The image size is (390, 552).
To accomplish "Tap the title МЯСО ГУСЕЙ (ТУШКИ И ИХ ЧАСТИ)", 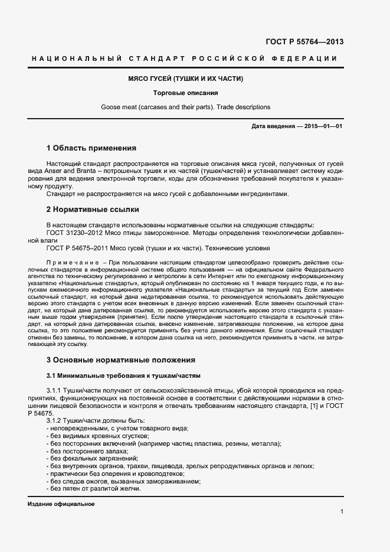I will point(186,79).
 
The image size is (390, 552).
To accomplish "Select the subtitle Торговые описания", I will point(186,93).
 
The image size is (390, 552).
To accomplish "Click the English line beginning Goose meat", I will point(186,107).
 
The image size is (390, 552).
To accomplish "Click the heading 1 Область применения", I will point(91,148).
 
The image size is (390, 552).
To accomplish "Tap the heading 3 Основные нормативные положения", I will point(120,360).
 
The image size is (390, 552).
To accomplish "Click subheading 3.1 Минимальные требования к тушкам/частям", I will point(123,375).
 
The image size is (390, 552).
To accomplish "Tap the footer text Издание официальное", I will point(61,504).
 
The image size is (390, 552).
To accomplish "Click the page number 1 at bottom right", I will point(342,511).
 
